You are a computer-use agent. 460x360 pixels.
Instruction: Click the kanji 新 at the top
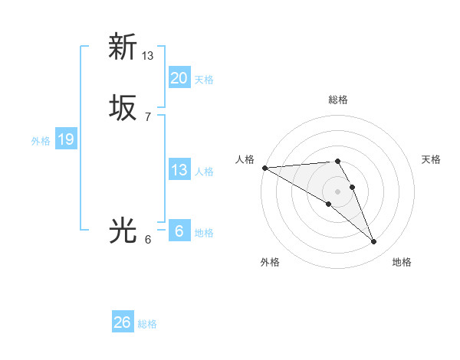pos(123,47)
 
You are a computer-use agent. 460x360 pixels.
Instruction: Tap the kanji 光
pos(123,231)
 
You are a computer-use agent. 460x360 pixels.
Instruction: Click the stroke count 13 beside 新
pos(148,55)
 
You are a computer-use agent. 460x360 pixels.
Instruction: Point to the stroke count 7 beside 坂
pos(148,116)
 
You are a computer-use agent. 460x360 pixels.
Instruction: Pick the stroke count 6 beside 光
pos(148,239)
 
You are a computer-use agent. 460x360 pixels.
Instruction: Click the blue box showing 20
pos(179,78)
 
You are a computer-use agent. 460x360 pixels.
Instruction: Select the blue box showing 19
pos(66,139)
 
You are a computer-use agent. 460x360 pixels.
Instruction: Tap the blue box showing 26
pos(123,322)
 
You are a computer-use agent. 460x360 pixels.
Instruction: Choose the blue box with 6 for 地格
pos(179,231)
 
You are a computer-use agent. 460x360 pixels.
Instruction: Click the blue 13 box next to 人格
pos(179,170)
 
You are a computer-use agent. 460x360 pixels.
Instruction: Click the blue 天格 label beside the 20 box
pos(204,80)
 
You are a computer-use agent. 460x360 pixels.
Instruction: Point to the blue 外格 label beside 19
pos(41,141)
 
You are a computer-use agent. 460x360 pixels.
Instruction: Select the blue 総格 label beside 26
pos(147,324)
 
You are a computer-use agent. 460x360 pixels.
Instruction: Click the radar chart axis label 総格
pos(338,100)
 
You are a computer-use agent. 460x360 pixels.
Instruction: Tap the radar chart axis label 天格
pos(432,159)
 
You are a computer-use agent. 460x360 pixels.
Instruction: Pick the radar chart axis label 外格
pos(269,263)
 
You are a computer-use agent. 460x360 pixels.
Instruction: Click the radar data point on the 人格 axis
pos(264,168)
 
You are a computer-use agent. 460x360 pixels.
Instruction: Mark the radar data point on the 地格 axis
pos(374,242)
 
